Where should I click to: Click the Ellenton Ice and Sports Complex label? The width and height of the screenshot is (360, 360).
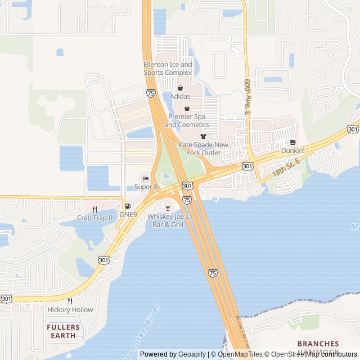(x=168, y=68)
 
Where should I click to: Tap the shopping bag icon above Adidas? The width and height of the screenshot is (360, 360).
(x=181, y=88)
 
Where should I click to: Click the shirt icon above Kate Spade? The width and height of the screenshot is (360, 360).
(x=203, y=137)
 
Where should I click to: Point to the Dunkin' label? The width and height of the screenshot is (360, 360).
(x=292, y=150)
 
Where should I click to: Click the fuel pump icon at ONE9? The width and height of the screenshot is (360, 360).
(x=128, y=206)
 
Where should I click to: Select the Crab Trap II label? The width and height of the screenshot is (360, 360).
(x=95, y=217)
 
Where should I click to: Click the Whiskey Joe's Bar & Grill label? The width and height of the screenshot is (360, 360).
(x=168, y=220)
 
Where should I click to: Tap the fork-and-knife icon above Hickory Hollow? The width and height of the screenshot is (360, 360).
(x=70, y=301)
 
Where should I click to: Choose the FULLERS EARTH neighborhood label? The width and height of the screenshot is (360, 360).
(x=63, y=331)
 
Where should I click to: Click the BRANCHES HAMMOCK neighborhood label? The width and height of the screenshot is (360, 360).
(x=318, y=347)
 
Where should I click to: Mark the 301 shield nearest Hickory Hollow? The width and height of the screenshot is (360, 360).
(x=7, y=299)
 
